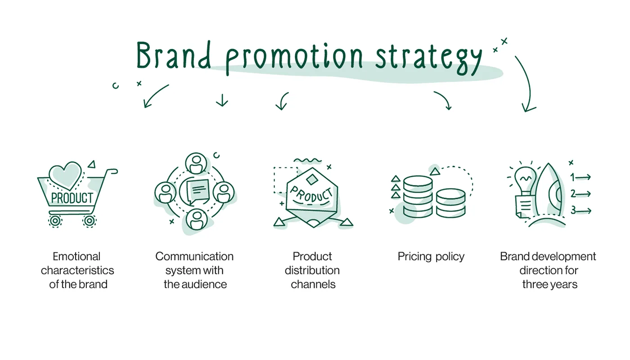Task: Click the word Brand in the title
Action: tap(174, 57)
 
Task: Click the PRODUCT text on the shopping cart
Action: tap(72, 198)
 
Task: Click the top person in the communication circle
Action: tap(196, 163)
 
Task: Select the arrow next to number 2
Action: tap(584, 194)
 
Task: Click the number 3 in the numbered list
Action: tap(573, 210)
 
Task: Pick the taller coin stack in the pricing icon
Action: tap(418, 197)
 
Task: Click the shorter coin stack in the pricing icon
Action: tap(451, 202)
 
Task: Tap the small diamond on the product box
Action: tap(311, 180)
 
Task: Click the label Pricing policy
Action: tap(431, 256)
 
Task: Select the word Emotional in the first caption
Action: tap(76, 256)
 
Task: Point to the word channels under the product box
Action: tap(313, 284)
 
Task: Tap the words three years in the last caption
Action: tap(549, 284)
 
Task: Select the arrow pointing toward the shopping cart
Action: tap(155, 96)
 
